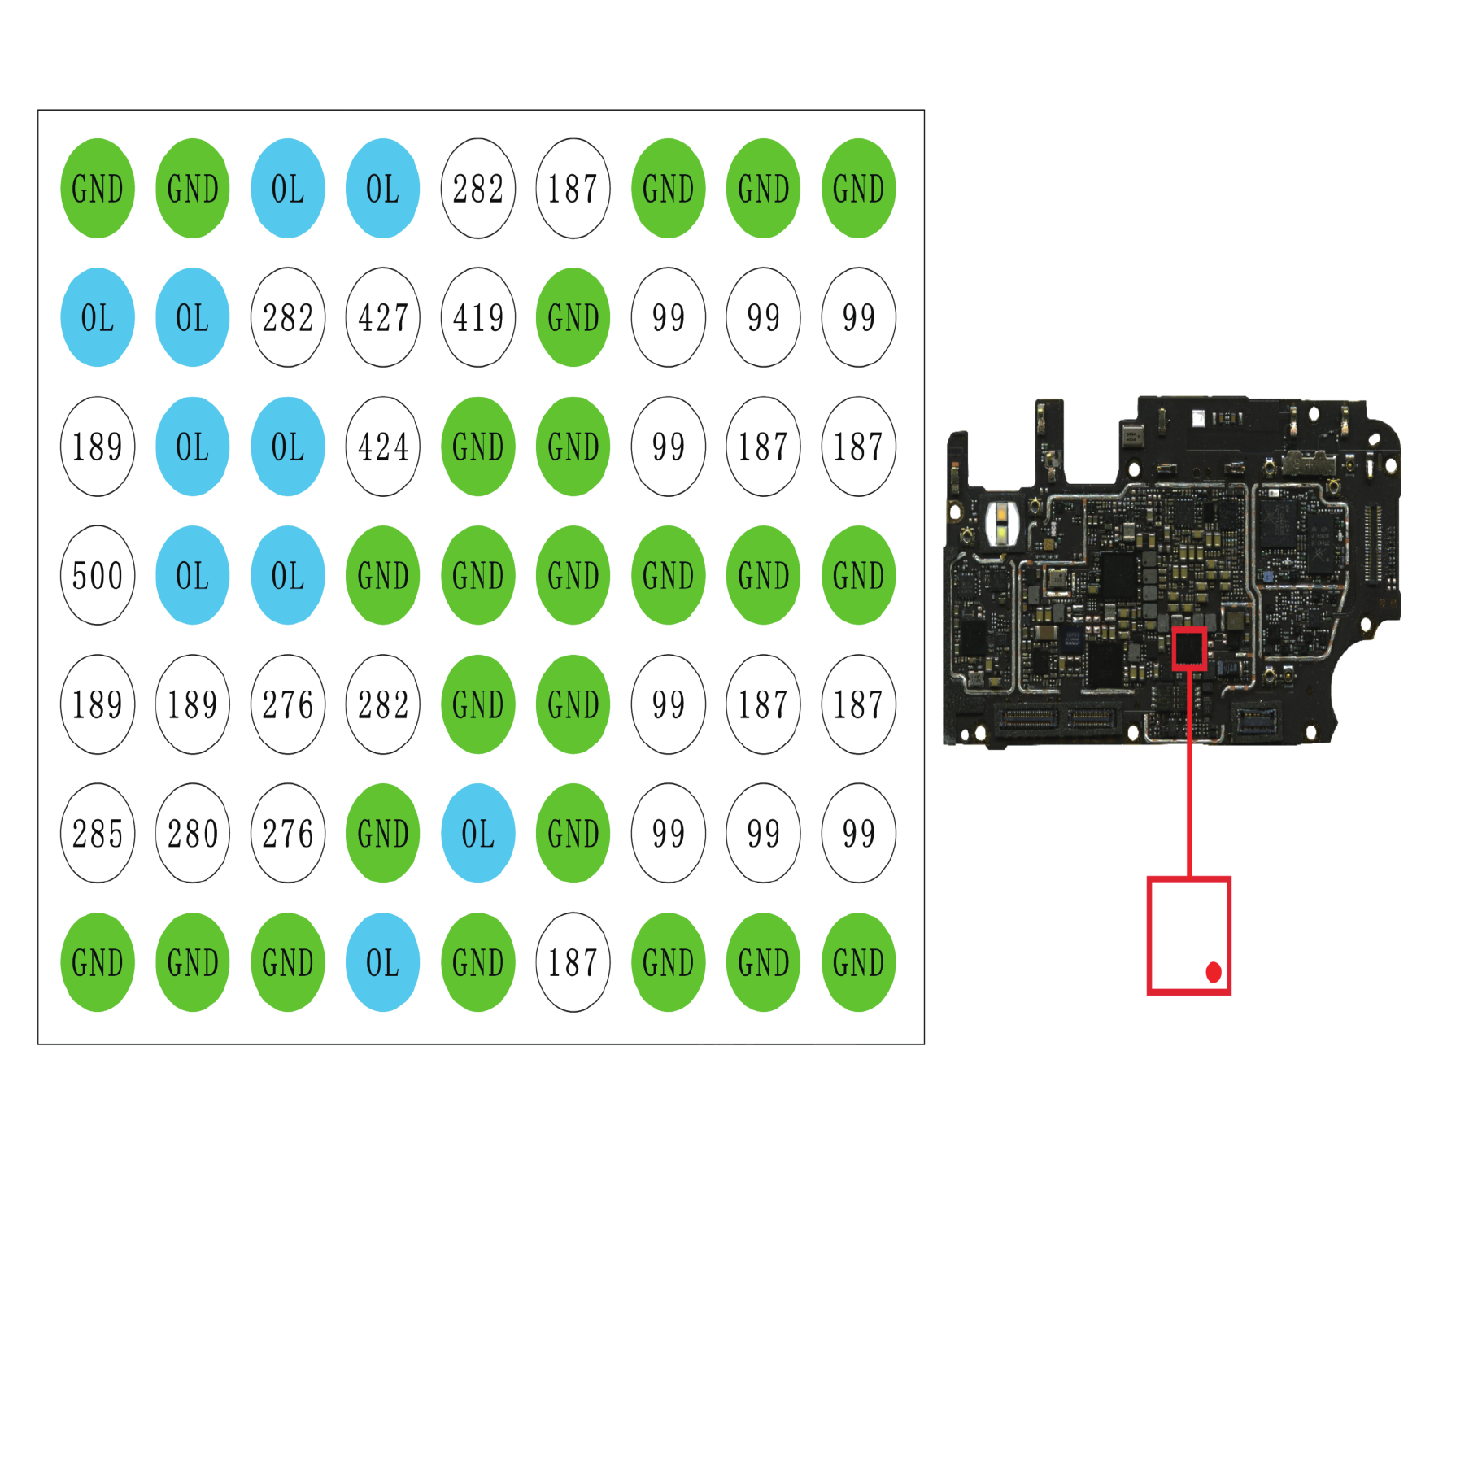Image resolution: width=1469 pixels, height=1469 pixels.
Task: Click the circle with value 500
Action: coord(98,575)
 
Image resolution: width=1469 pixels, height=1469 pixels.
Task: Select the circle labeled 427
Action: coord(383,317)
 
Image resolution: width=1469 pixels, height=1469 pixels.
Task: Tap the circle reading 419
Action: coord(478,317)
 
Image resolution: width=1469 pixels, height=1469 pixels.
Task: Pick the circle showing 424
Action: coord(383,447)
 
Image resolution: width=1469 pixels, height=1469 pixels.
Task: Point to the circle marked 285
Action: coord(98,833)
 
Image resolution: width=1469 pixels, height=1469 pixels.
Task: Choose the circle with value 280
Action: coord(193,833)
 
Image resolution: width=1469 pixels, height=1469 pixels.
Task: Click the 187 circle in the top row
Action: coord(573,188)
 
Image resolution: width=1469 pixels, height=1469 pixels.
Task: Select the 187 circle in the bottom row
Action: coord(573,962)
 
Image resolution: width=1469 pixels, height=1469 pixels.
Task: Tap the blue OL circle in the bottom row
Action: coord(383,962)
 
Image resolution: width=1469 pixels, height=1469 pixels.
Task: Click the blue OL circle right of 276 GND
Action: coord(478,833)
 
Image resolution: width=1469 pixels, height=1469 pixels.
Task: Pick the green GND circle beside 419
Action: coord(573,317)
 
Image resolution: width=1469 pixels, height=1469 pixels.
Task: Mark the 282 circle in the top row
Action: coord(478,188)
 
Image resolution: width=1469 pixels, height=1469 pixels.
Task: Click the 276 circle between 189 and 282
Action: coord(288,704)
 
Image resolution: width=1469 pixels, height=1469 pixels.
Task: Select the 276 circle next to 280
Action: coord(288,833)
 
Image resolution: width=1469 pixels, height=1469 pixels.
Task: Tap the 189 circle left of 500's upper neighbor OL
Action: coord(98,447)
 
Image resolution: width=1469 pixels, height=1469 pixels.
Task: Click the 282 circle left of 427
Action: coord(288,317)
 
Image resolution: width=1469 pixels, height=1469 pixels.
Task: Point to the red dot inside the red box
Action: coord(1214,972)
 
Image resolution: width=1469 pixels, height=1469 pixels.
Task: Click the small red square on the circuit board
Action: coord(1189,648)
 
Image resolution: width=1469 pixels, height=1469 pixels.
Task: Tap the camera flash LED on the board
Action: coord(1001,522)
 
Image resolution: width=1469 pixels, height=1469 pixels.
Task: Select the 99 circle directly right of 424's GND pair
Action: coord(669,447)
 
